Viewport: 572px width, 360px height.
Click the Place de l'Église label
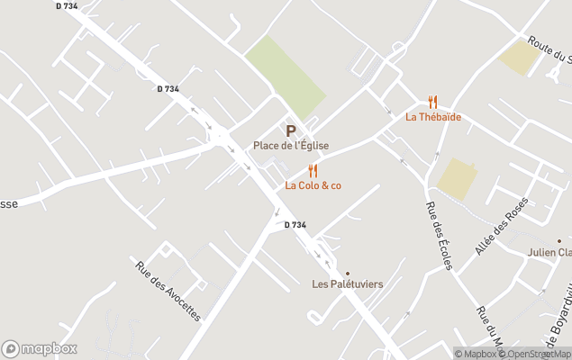click(291, 146)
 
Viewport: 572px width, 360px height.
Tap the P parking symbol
click(291, 131)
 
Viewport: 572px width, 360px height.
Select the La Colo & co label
click(313, 185)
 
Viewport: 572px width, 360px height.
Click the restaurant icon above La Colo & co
click(313, 171)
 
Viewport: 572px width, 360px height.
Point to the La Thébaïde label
click(433, 116)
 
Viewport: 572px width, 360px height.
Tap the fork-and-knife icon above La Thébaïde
click(433, 102)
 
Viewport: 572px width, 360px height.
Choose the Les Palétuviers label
click(348, 284)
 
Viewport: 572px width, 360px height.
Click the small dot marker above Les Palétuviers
click(348, 272)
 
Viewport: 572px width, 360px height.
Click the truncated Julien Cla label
click(549, 253)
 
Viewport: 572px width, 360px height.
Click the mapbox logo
click(40, 348)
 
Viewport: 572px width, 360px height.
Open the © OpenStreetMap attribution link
click(536, 354)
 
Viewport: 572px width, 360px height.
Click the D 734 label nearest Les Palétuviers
click(295, 225)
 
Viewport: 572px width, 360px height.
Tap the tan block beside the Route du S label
click(520, 58)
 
